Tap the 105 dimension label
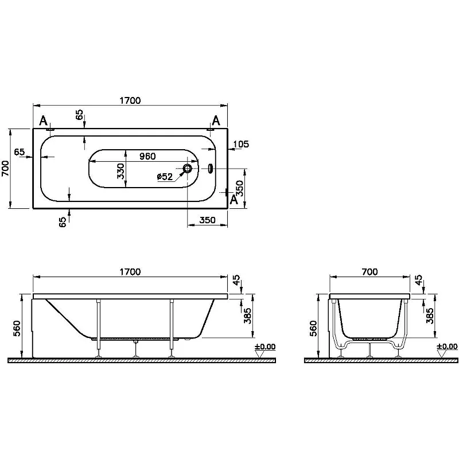(x=242, y=144)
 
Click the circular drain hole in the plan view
(x=188, y=169)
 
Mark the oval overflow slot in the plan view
(x=209, y=169)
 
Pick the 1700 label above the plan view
(x=130, y=100)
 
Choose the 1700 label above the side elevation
(x=130, y=272)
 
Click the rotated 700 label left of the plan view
(x=6, y=169)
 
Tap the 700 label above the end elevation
(x=370, y=272)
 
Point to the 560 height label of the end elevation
(x=313, y=328)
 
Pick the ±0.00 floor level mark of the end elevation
(x=447, y=347)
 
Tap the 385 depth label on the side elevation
(x=248, y=315)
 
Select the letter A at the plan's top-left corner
(x=43, y=120)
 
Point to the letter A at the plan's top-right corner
(x=216, y=120)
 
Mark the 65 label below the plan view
(x=63, y=221)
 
